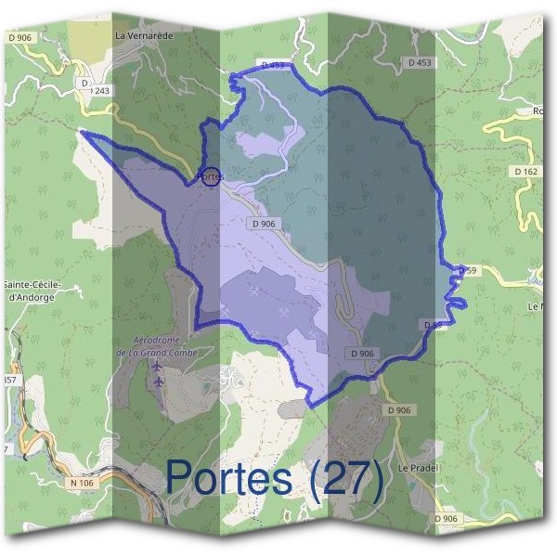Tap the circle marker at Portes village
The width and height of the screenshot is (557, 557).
pyautogui.click(x=211, y=175)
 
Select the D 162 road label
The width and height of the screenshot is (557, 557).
pyautogui.click(x=525, y=172)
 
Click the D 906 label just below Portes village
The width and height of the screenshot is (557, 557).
pyautogui.click(x=263, y=224)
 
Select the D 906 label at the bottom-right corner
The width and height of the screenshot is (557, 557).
pyautogui.click(x=447, y=518)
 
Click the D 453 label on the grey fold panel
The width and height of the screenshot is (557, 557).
pyautogui.click(x=420, y=62)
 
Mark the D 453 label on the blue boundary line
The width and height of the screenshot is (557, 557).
pyautogui.click(x=273, y=66)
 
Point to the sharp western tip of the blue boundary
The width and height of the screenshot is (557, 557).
pyautogui.click(x=84, y=133)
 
